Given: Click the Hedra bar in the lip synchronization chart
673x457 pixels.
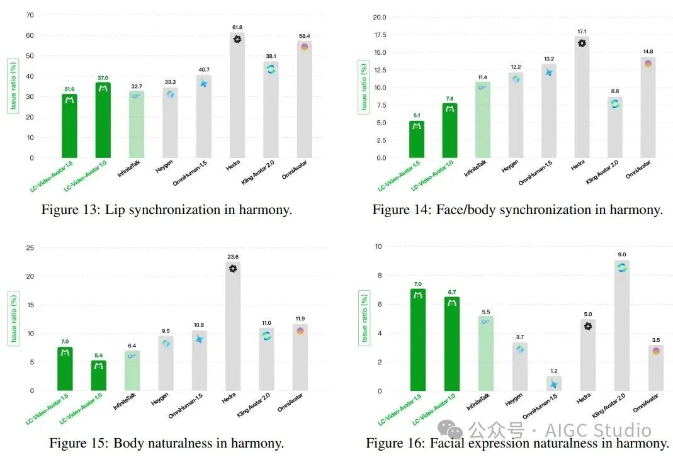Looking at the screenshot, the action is point(237,95).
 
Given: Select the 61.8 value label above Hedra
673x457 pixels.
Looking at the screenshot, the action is point(237,27).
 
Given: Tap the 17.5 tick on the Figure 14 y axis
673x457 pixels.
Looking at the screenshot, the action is point(380,35).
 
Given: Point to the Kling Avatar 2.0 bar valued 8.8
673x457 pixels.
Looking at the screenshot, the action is point(614,127).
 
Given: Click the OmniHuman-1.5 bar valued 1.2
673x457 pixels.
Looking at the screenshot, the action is point(553,383).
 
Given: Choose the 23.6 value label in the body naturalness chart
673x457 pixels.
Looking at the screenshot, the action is point(233,257).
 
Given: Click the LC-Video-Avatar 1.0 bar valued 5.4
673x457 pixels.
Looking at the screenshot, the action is point(99,375).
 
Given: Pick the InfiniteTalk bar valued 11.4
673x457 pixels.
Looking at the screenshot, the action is point(482,120).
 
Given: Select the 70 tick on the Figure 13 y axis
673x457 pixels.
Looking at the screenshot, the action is point(30,15).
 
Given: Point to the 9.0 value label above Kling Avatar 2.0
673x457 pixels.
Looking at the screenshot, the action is point(622,254).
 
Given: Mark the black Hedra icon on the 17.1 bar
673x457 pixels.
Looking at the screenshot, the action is point(582,43).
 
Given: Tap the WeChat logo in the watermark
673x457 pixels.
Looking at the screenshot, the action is point(450,429).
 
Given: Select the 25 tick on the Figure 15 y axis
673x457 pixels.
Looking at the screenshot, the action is point(30,247).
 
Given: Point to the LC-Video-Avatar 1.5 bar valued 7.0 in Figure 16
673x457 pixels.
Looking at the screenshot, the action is point(417,340).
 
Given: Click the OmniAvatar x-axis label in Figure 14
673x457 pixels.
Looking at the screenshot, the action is point(638,169).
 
